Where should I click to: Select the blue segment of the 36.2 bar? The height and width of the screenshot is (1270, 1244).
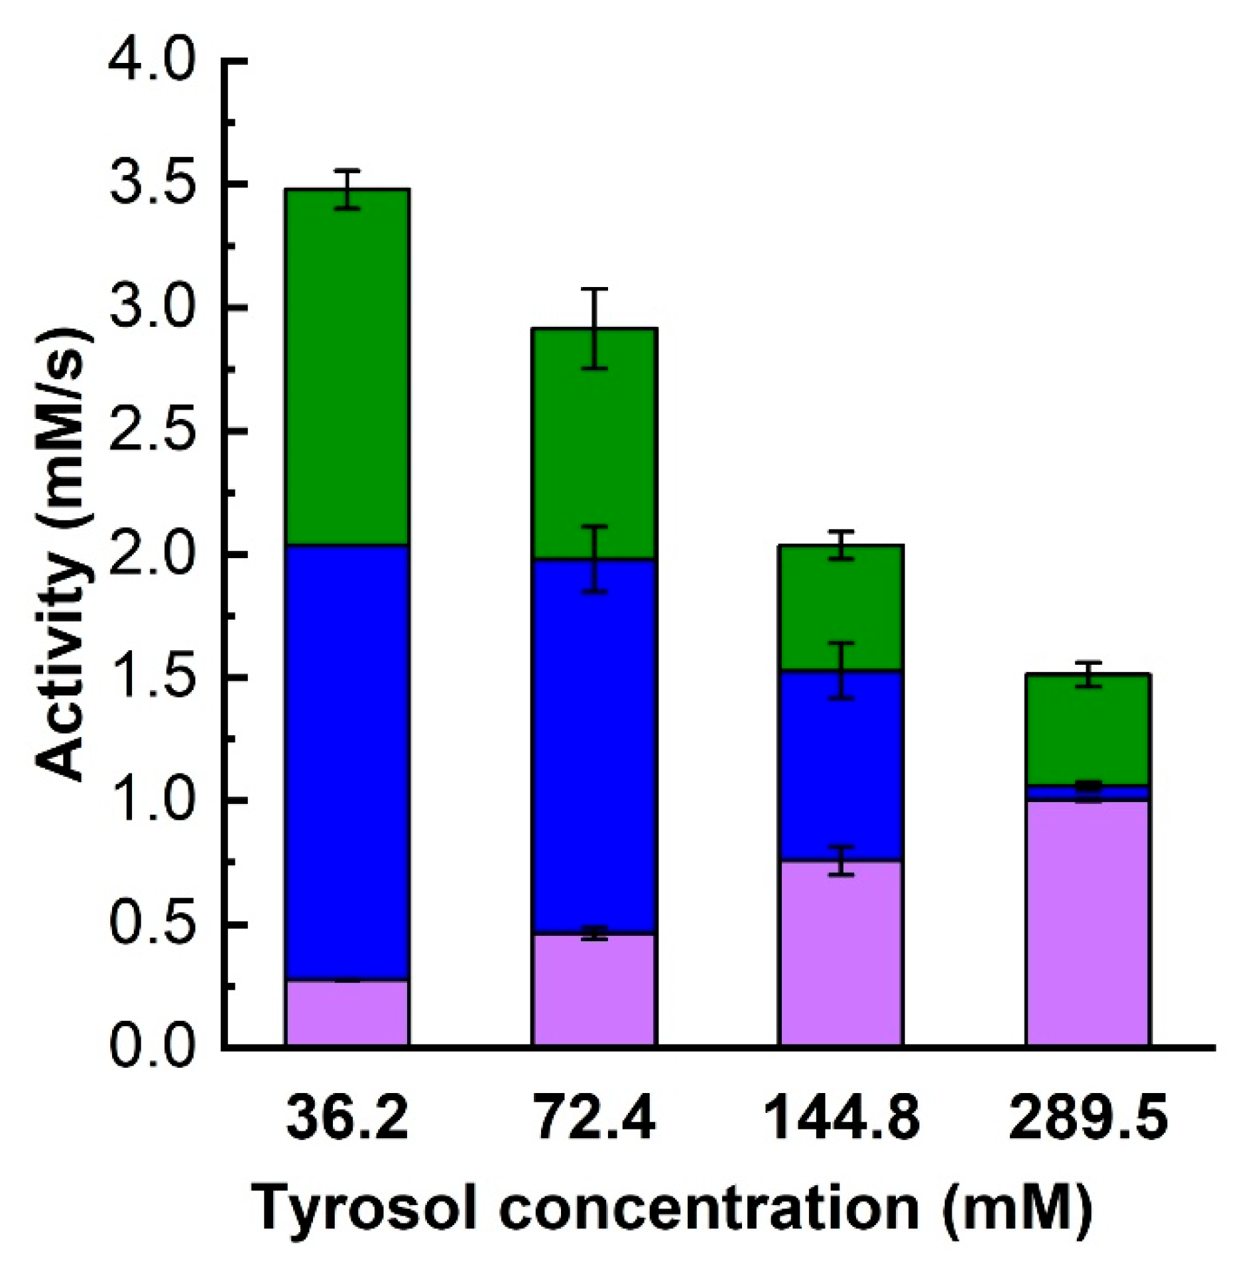click(x=347, y=762)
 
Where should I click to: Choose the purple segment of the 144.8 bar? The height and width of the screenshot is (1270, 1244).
click(x=841, y=954)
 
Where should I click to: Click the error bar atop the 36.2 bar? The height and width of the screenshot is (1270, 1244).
click(x=347, y=189)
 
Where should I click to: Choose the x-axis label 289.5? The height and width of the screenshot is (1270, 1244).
click(x=1088, y=1120)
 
